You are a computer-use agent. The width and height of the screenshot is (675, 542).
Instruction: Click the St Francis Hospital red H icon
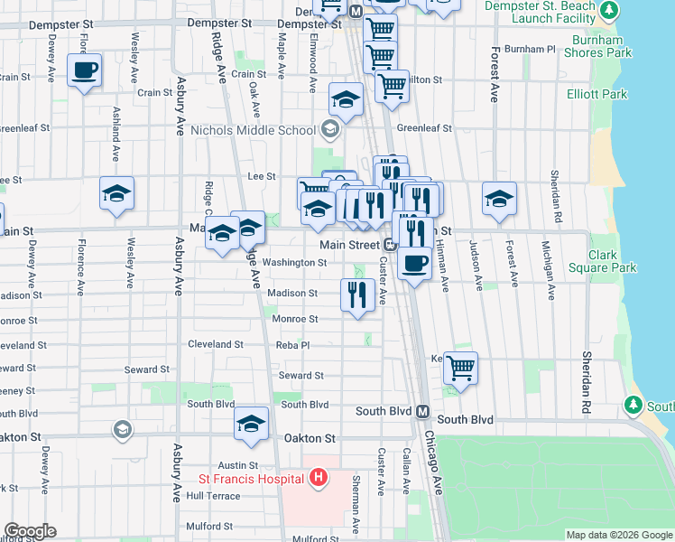[x=317, y=477]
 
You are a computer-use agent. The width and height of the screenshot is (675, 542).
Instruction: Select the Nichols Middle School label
[x=253, y=130]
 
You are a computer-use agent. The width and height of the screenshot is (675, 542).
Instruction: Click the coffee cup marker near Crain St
[x=84, y=70]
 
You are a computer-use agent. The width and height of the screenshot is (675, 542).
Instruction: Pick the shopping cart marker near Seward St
[x=460, y=369]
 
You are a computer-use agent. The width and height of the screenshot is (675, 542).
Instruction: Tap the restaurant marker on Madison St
[x=357, y=294]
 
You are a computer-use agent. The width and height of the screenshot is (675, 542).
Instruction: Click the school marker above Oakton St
[x=251, y=424]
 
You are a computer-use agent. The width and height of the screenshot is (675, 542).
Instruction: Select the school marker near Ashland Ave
[x=116, y=193]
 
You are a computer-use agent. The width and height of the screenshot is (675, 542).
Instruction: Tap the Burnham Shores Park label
[x=598, y=46]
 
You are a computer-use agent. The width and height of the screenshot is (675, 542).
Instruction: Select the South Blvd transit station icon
[x=421, y=412]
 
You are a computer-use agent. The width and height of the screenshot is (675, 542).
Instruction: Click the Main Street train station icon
[x=391, y=245]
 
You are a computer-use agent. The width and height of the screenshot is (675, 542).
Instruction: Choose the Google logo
[x=30, y=531]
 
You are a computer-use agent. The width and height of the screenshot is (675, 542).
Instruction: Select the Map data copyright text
[x=618, y=535]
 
